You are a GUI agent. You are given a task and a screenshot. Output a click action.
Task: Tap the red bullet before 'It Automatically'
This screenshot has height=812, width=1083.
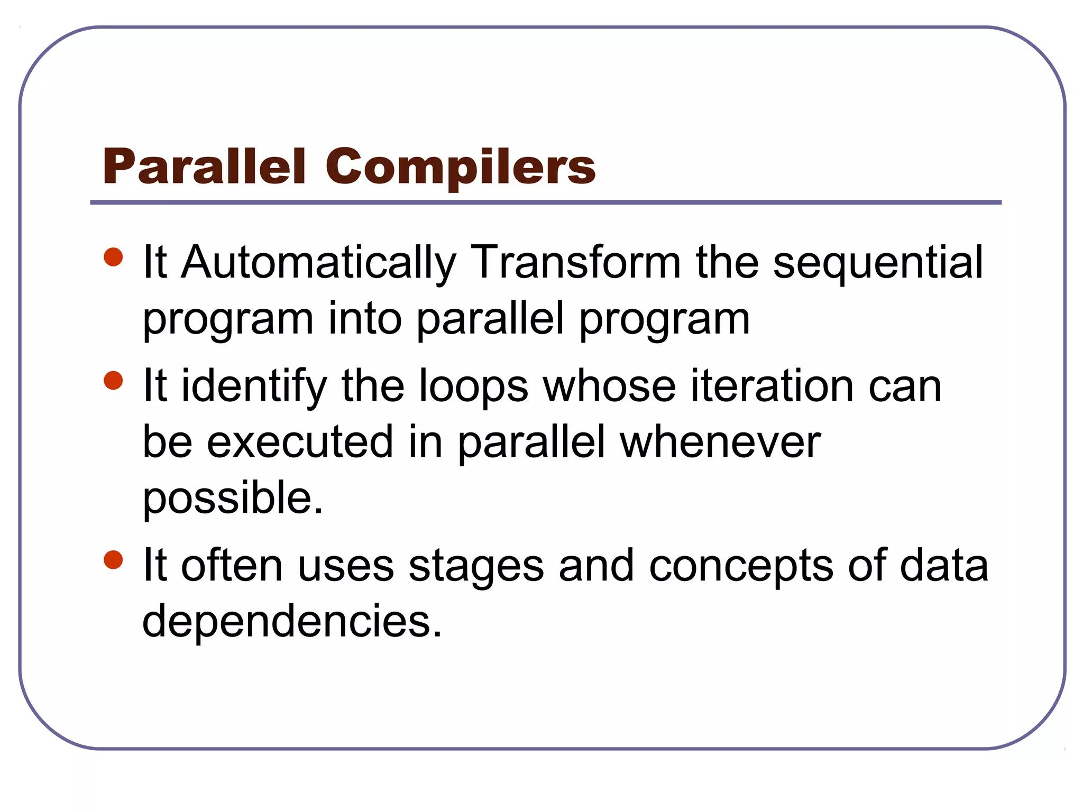tap(113, 257)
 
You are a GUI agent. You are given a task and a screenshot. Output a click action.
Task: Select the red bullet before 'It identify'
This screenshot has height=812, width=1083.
tap(113, 380)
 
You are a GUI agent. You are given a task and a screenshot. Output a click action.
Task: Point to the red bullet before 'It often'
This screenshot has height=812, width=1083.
tap(113, 560)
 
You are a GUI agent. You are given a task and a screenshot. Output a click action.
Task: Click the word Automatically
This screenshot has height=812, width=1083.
tap(318, 263)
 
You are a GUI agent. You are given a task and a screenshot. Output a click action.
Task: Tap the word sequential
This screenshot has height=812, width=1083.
tap(878, 263)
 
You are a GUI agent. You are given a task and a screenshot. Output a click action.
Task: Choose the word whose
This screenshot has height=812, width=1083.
tap(609, 386)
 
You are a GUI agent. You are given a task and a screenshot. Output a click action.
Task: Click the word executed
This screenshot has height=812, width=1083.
tap(299, 442)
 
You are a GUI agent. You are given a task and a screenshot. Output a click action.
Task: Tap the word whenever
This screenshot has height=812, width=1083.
tap(720, 442)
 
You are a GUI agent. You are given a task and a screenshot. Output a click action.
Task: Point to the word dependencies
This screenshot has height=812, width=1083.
tap(292, 621)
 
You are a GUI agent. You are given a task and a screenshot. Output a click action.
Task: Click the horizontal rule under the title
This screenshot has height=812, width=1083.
tap(546, 202)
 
